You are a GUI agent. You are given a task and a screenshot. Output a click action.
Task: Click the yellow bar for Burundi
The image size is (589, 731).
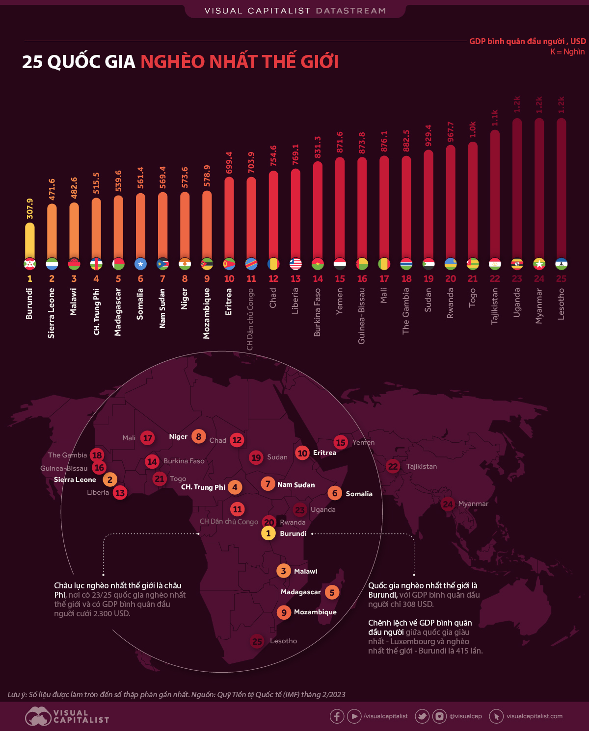[29, 240]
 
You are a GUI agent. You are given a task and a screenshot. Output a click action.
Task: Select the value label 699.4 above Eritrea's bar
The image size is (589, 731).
[229, 162]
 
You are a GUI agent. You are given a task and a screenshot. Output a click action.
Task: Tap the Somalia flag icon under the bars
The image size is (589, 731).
[140, 264]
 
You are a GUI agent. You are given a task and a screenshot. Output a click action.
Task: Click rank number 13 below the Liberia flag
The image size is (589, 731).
[295, 278]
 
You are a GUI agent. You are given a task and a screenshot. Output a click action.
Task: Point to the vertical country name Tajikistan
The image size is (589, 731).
[495, 306]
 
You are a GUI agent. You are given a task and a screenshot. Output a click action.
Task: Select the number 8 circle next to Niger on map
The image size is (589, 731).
[198, 436]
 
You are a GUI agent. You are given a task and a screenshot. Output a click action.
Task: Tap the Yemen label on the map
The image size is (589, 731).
[363, 442]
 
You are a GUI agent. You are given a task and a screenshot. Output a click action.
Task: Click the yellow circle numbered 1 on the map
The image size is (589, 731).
[268, 533]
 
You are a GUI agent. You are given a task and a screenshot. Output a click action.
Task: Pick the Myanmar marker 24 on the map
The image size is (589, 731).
[448, 504]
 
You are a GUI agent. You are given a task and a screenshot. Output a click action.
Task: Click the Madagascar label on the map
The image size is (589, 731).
[300, 592]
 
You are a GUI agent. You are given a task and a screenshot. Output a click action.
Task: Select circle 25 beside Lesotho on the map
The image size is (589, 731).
[257, 641]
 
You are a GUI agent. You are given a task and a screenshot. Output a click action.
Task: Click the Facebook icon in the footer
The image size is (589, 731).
[337, 716]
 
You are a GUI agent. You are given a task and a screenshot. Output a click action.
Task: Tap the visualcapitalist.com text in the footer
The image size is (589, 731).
[534, 716]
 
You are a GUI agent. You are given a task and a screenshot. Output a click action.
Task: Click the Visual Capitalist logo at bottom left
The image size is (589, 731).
[66, 716]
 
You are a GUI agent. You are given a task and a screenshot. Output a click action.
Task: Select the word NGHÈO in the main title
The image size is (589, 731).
[172, 62]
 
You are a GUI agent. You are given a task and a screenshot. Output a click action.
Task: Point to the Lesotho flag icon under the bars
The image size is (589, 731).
[561, 264]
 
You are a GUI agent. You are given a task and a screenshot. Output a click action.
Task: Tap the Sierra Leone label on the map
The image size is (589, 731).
[75, 479]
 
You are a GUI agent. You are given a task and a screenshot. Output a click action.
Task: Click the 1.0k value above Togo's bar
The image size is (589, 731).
[473, 129]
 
